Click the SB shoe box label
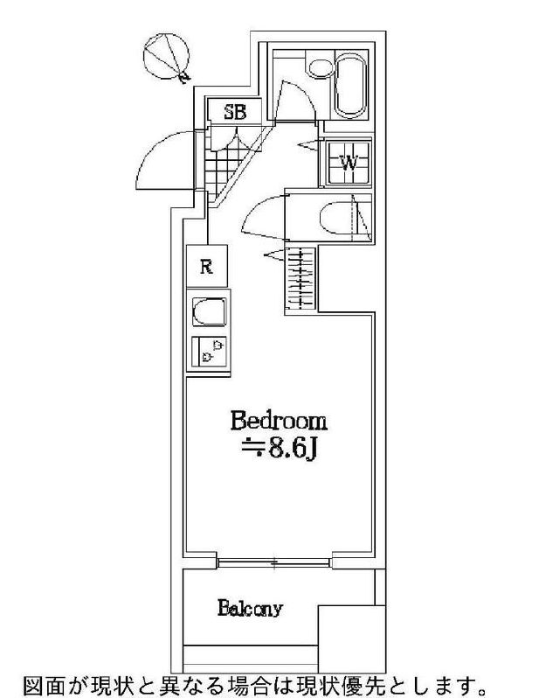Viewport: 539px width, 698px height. pyautogui.click(x=235, y=112)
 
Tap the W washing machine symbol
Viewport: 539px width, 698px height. pyautogui.click(x=349, y=163)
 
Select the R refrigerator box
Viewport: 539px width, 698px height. pyautogui.click(x=207, y=266)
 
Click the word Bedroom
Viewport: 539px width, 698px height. pyautogui.click(x=279, y=422)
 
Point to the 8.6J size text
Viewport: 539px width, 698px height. pyautogui.click(x=280, y=450)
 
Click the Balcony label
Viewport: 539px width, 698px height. pyautogui.click(x=250, y=608)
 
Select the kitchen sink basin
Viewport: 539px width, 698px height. pyautogui.click(x=209, y=312)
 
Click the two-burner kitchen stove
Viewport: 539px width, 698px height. pyautogui.click(x=209, y=352)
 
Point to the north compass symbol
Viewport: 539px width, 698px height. pyautogui.click(x=167, y=58)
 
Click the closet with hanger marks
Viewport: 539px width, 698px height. pyautogui.click(x=300, y=279)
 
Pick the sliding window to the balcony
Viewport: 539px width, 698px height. pyautogui.click(x=274, y=563)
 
